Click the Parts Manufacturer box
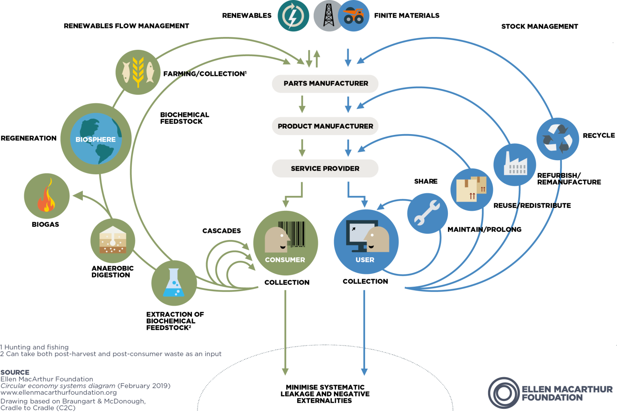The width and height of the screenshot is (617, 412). pyautogui.click(x=325, y=84)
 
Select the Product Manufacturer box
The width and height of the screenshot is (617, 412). pyautogui.click(x=325, y=126)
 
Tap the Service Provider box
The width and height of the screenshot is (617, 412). pyautogui.click(x=325, y=169)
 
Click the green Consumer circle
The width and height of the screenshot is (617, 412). pyautogui.click(x=285, y=243)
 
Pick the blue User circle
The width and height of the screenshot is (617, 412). pyautogui.click(x=366, y=242)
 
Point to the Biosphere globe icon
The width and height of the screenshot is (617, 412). pyautogui.click(x=96, y=139)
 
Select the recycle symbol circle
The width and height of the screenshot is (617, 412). pyautogui.click(x=558, y=139)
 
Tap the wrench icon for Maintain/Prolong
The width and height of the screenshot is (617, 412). pyautogui.click(x=427, y=213)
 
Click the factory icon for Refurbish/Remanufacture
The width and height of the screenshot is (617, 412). pyautogui.click(x=515, y=165)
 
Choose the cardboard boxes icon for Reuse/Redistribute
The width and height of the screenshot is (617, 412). pyautogui.click(x=472, y=190)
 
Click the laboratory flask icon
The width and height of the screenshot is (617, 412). pyautogui.click(x=174, y=283)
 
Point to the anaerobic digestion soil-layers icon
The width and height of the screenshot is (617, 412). pyautogui.click(x=113, y=241)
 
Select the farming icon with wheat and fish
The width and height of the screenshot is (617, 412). pyautogui.click(x=138, y=72)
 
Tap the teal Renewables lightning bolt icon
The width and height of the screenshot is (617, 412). pyautogui.click(x=293, y=16)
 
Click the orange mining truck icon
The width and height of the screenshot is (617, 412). pyautogui.click(x=354, y=16)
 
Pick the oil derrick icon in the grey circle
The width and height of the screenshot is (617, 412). pyautogui.click(x=329, y=16)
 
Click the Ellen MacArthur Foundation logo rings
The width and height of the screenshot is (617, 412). pyautogui.click(x=504, y=393)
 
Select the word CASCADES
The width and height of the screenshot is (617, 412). pyautogui.click(x=221, y=231)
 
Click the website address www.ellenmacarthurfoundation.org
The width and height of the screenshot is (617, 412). pyautogui.click(x=59, y=392)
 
